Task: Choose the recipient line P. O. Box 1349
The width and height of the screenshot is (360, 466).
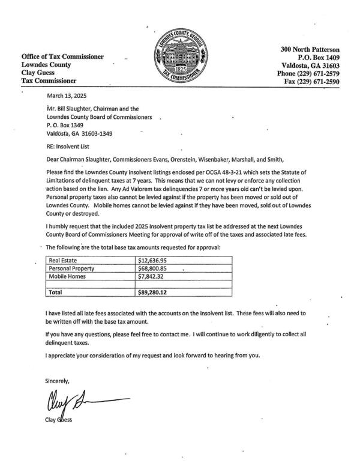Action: coord(68,126)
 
